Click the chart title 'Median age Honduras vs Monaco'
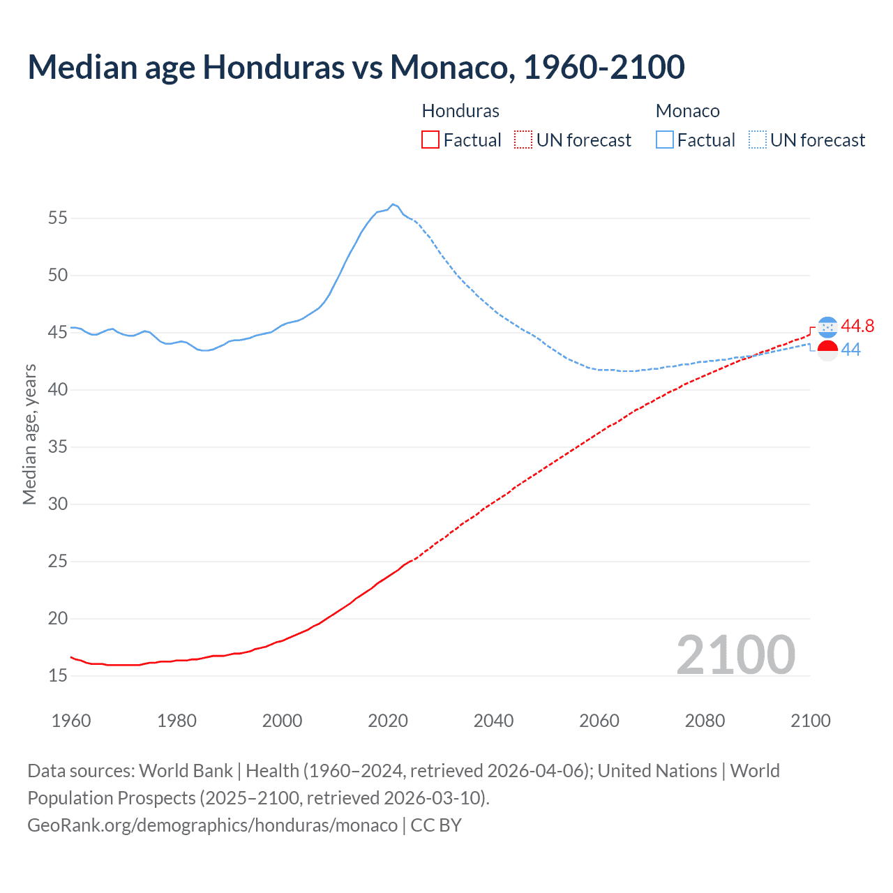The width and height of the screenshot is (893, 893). (356, 67)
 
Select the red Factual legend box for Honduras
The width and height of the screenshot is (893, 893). (430, 140)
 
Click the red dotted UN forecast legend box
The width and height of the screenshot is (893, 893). (523, 140)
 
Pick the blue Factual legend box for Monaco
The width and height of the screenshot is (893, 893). (664, 140)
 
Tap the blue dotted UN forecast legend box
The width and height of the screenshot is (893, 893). (758, 140)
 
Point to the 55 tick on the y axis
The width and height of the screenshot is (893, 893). (58, 218)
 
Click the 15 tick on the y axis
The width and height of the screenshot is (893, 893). (58, 676)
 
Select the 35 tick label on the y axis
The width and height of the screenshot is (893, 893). (58, 447)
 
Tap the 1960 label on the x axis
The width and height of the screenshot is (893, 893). (71, 721)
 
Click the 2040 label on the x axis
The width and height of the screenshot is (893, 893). (493, 721)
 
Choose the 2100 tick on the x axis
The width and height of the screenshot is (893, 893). (810, 721)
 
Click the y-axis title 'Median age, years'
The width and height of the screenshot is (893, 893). (29, 434)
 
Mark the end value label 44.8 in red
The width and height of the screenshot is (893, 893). (857, 327)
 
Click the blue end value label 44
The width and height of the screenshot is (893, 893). (850, 350)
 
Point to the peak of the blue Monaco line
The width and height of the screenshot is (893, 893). (393, 204)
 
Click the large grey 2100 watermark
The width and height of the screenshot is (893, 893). (735, 655)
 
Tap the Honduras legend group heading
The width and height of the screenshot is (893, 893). (460, 111)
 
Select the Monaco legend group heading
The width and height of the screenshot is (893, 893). (687, 111)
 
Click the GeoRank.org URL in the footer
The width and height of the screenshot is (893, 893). (212, 825)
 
